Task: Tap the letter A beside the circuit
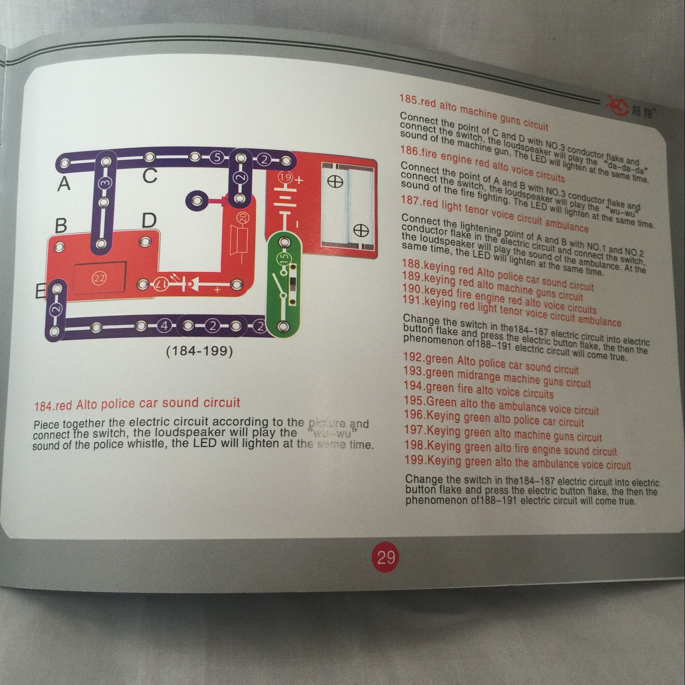coord(64,184)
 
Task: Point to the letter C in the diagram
coord(150,176)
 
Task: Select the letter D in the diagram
coord(149,221)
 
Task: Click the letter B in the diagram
coord(61,226)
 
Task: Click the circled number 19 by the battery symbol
coord(285,177)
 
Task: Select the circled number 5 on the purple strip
coord(216,157)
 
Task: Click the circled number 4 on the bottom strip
coord(164,326)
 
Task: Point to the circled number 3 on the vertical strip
coord(105,183)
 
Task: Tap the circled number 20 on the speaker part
coord(243,218)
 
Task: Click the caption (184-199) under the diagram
coord(200,351)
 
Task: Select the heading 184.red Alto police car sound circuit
coord(137,404)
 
